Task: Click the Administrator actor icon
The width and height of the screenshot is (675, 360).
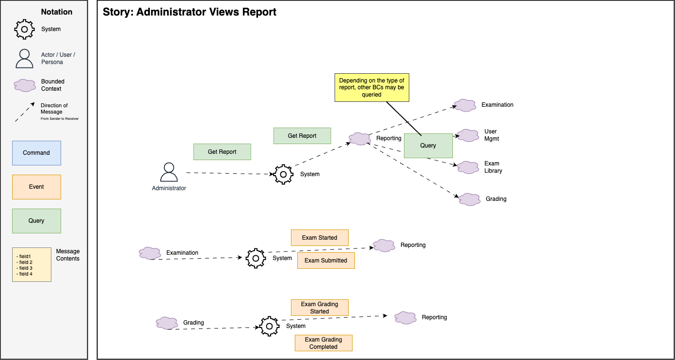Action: [x=168, y=172]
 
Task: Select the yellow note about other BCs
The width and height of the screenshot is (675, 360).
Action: [x=371, y=87]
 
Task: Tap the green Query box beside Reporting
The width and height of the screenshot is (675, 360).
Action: [x=428, y=146]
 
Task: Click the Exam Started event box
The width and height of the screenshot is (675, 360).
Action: [x=320, y=238]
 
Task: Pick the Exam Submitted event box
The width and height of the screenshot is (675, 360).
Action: [x=325, y=261]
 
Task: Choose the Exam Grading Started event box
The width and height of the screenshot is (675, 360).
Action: [x=320, y=308]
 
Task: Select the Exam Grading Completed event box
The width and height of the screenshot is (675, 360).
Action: [x=323, y=343]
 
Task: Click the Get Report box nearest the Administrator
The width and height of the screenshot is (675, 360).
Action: [x=222, y=152]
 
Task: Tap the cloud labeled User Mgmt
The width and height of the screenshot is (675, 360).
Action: [x=468, y=135]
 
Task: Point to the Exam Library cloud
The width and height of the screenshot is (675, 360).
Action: [x=468, y=167]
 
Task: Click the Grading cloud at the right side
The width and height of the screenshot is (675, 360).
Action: [x=469, y=199]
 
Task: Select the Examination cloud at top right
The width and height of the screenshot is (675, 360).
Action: [x=465, y=105]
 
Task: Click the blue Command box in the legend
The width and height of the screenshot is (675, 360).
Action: [x=36, y=153]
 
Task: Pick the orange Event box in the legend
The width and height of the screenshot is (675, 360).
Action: [x=36, y=187]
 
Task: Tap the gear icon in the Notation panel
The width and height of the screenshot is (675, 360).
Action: [x=24, y=29]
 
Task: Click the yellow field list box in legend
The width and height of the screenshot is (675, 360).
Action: [x=32, y=264]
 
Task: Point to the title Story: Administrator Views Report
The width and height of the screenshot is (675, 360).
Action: [x=190, y=12]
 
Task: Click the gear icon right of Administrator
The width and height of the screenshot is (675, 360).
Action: [x=283, y=174]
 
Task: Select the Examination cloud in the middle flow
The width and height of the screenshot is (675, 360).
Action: [x=150, y=253]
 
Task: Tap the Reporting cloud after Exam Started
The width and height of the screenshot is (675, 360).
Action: [x=384, y=245]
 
